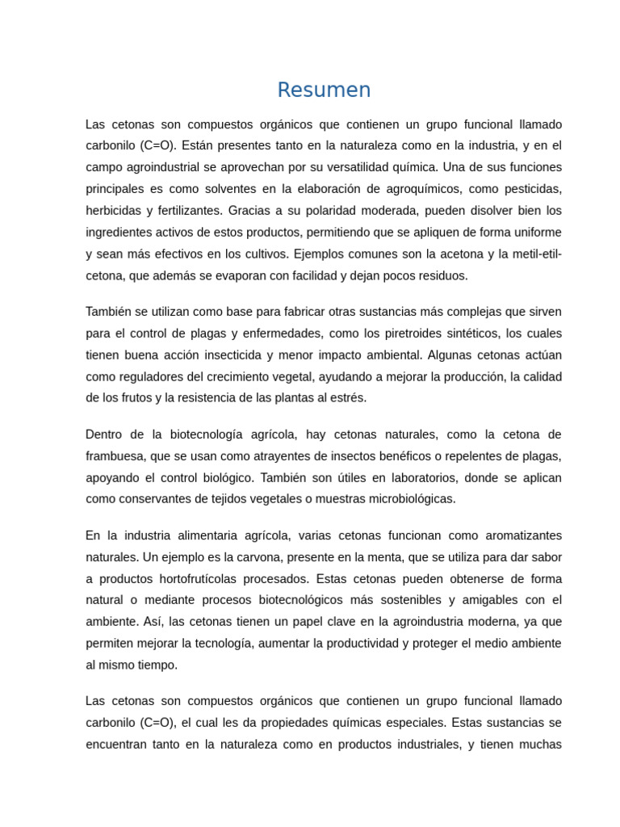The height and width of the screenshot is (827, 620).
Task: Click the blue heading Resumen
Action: coord(324,90)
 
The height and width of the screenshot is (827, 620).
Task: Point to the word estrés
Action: coord(348,397)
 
